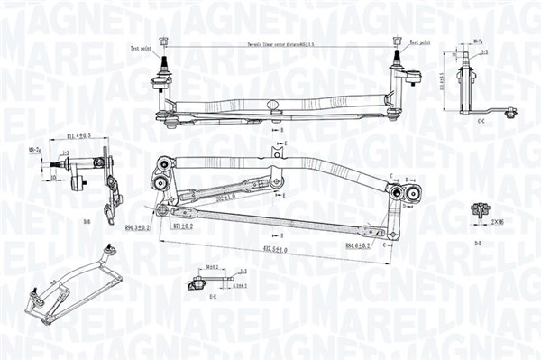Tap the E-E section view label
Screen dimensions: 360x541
pyautogui.click(x=213, y=295)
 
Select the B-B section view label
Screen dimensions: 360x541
pyautogui.click(x=87, y=221)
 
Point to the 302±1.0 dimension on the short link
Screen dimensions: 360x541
pyautogui.click(x=225, y=195)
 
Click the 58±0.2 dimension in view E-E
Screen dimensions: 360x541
pyautogui.click(x=213, y=268)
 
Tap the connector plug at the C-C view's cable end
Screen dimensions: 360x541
pyautogui.click(x=510, y=113)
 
